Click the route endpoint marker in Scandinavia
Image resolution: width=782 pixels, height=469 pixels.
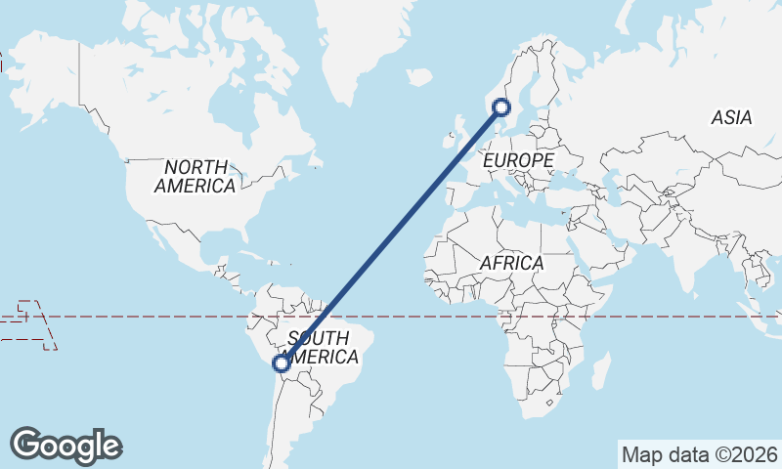click(503, 107)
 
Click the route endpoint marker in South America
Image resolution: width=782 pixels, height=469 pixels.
click(282, 363)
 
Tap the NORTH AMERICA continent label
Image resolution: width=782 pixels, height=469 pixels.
click(195, 176)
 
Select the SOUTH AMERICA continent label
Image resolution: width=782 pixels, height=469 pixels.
click(319, 348)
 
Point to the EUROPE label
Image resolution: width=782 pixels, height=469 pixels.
click(518, 159)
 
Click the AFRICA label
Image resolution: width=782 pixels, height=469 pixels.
click(510, 263)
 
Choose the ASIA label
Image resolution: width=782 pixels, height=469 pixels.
click(731, 117)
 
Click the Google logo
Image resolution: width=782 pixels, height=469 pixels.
click(65, 446)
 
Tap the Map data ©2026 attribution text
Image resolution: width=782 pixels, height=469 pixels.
click(700, 454)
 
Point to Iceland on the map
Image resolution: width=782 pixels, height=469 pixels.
click(418, 76)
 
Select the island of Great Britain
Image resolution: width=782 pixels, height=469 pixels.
click(457, 132)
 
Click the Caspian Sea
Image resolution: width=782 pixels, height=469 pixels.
click(614, 186)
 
